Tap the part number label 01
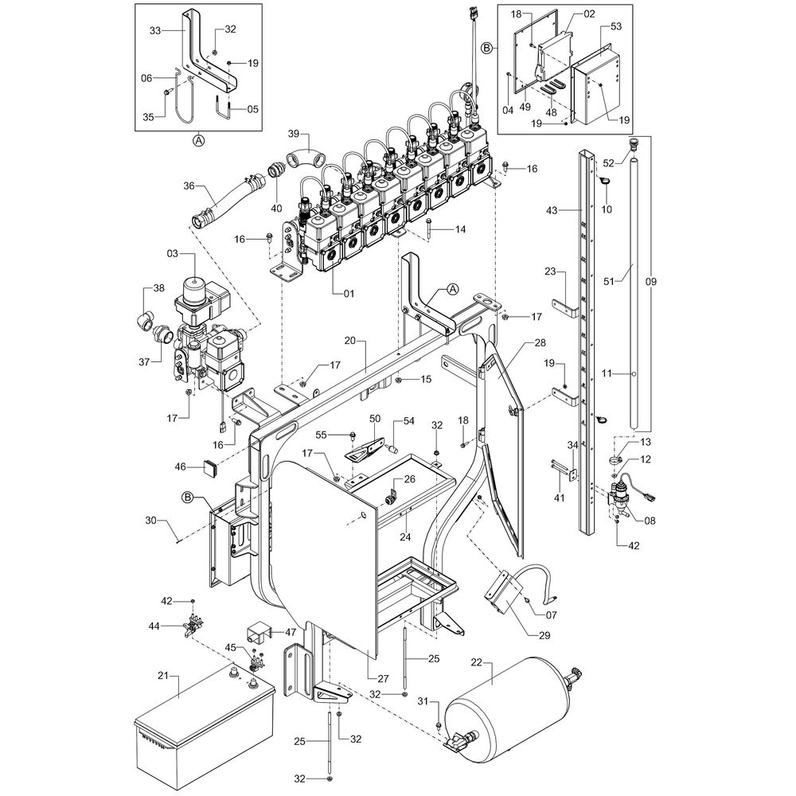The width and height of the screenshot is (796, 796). click(x=348, y=293)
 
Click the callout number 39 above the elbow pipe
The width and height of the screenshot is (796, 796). click(x=293, y=133)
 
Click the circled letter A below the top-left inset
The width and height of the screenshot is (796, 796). click(x=198, y=141)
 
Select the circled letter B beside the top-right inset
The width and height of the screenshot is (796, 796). click(x=486, y=48)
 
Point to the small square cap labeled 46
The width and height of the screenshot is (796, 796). click(x=211, y=467)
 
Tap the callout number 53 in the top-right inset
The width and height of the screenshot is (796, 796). click(x=616, y=26)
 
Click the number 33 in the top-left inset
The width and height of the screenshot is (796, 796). click(x=155, y=31)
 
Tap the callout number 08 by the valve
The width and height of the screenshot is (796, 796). click(x=650, y=521)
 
